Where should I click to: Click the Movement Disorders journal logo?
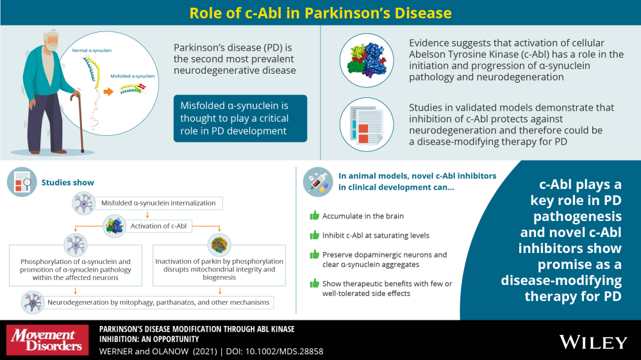[x=47, y=340]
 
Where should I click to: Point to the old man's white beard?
[x=51, y=45]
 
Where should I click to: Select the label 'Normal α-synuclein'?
[x=92, y=50]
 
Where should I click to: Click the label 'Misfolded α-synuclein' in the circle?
[x=133, y=76]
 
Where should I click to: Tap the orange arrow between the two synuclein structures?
[x=108, y=92]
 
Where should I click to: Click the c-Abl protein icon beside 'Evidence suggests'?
[x=367, y=60]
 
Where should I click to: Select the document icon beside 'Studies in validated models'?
[x=367, y=125]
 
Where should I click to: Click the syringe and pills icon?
[x=318, y=182]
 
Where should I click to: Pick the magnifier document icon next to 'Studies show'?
[x=22, y=182]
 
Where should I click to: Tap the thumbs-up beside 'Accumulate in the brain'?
[x=314, y=215]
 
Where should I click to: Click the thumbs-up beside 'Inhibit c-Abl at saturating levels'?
[x=314, y=235]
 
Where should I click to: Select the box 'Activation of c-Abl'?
[x=158, y=226]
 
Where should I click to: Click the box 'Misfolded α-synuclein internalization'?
[x=158, y=203]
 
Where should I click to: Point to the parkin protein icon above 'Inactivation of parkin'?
[x=219, y=245]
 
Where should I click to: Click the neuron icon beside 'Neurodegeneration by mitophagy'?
[x=33, y=302]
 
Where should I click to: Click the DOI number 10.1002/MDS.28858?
[x=285, y=352]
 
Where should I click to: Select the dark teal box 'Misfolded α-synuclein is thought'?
[x=240, y=119]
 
